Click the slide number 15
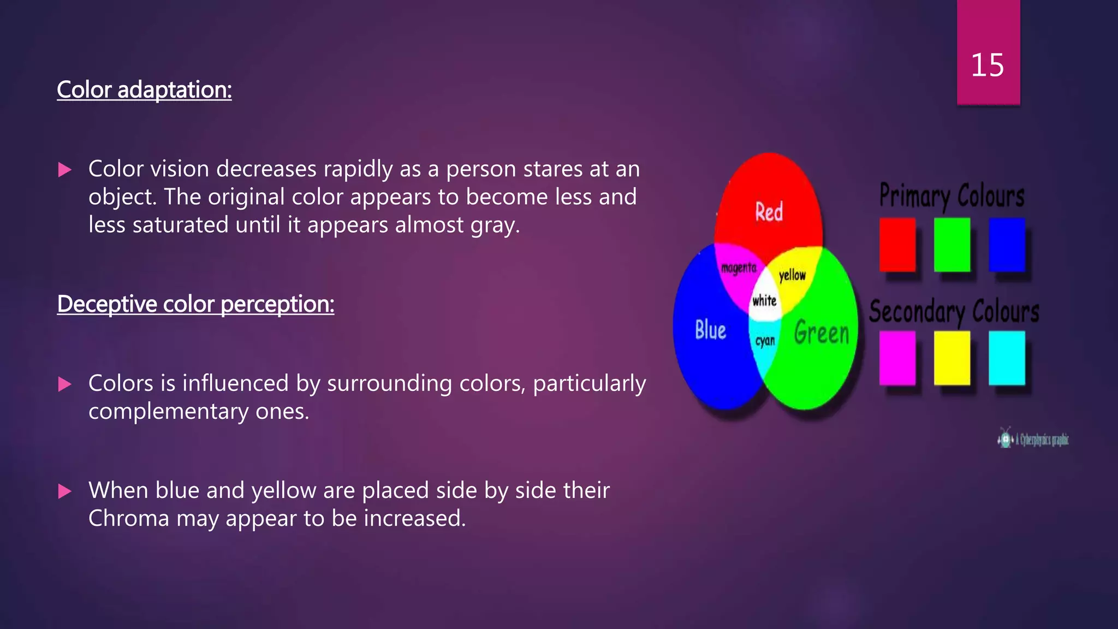[x=987, y=66]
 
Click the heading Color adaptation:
[x=144, y=90]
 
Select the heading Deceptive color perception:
[x=195, y=304]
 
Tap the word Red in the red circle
[x=769, y=212]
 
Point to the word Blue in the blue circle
[x=710, y=330]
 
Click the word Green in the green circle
[x=822, y=333]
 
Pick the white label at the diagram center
[x=764, y=300]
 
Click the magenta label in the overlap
[x=739, y=268]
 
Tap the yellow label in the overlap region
[x=792, y=275]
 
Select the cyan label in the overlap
[x=765, y=341]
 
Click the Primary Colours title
[x=952, y=196]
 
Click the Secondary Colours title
[x=954, y=312]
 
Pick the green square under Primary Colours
[x=952, y=245]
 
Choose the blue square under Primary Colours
[x=1007, y=245]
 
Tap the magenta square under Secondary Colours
[x=897, y=358]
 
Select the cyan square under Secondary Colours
[x=1007, y=358]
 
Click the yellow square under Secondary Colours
[x=952, y=358]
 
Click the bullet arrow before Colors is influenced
[x=65, y=384]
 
